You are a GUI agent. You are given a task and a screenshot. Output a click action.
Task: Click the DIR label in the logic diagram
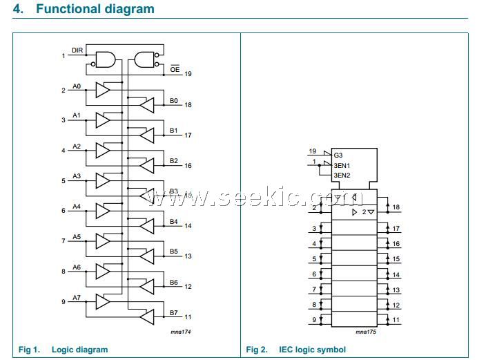pyautogui.click(x=77, y=50)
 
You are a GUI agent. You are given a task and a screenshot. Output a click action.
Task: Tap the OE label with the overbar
pyautogui.click(x=175, y=69)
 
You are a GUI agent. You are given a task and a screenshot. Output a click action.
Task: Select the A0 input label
pyautogui.click(x=77, y=86)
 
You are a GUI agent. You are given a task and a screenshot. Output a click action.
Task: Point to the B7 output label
pyautogui.click(x=174, y=312)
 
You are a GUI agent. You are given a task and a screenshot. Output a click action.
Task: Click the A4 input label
pyautogui.click(x=77, y=206)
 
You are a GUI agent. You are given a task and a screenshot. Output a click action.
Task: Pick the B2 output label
pyautogui.click(x=174, y=161)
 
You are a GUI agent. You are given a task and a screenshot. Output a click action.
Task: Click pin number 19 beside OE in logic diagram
pyautogui.click(x=188, y=73)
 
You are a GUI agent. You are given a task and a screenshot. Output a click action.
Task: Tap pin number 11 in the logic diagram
pyautogui.click(x=188, y=316)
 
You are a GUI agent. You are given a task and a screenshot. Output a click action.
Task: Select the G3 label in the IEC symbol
pyautogui.click(x=338, y=156)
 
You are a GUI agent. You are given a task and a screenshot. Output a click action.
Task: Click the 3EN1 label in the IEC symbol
pyautogui.click(x=342, y=166)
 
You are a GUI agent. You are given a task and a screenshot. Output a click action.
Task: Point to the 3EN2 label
pyautogui.click(x=342, y=176)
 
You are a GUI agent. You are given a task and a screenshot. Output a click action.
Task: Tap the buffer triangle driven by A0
pyautogui.click(x=103, y=90)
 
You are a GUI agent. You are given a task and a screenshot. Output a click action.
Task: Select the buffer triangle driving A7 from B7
pyautogui.click(x=146, y=316)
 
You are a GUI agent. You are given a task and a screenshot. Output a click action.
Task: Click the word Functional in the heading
pyautogui.click(x=70, y=10)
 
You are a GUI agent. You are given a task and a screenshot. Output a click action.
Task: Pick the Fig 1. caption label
pyautogui.click(x=30, y=350)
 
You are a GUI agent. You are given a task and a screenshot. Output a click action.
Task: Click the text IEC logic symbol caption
pyautogui.click(x=312, y=350)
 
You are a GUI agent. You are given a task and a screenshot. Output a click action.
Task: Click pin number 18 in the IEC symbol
pyautogui.click(x=396, y=207)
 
